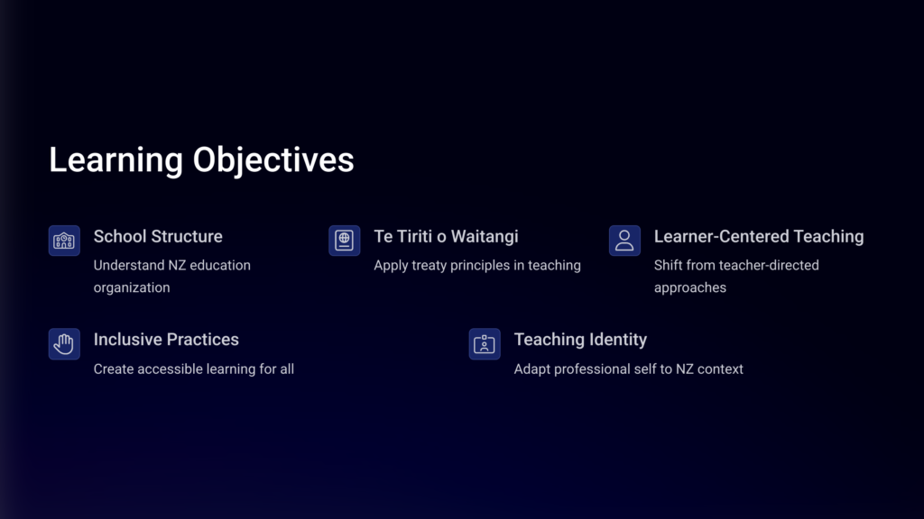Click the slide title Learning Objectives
coord(201,160)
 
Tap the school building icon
coord(64,241)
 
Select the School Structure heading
coord(158,237)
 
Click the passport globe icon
coord(344,241)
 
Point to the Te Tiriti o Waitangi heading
coord(446,237)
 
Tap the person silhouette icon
coord(624,241)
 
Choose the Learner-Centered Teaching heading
coord(759,237)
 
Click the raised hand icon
coord(64,343)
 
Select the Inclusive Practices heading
coord(166,340)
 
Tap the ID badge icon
coord(485,343)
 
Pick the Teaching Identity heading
coord(580,340)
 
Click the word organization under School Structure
coord(132,287)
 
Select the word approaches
coord(690,287)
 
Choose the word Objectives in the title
coord(273,160)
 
